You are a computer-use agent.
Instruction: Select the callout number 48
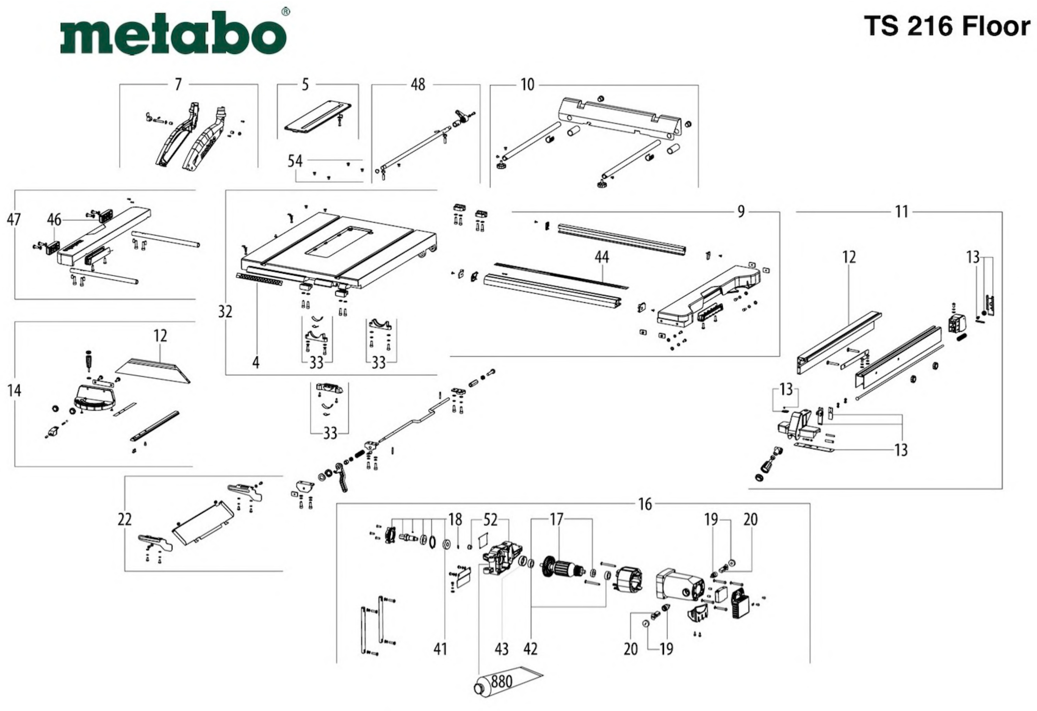(418, 84)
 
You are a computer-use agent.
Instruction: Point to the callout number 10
(527, 84)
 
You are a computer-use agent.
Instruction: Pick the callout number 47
(14, 220)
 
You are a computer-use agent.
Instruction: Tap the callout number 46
(54, 220)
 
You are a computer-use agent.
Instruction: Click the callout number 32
(225, 312)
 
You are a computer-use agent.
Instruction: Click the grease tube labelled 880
(504, 683)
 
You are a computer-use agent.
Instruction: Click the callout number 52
(490, 520)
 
